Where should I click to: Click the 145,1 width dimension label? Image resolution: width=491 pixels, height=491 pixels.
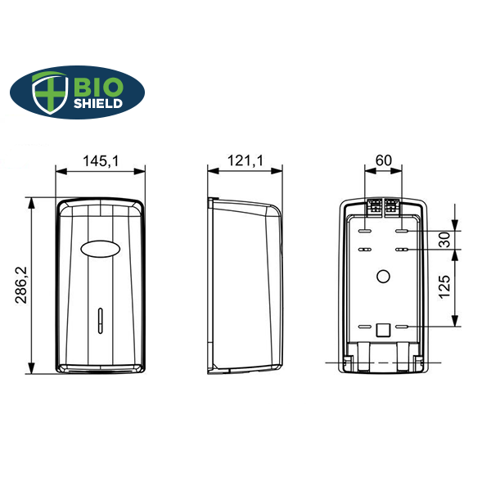click(x=101, y=161)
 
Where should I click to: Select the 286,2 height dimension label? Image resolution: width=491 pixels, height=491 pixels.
click(x=21, y=285)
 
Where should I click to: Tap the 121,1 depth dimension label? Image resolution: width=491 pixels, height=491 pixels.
click(x=245, y=160)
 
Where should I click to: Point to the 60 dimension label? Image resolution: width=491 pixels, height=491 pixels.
click(x=384, y=160)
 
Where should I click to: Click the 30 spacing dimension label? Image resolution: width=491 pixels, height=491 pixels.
click(x=444, y=240)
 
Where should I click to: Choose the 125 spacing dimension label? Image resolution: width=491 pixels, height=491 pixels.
click(x=444, y=287)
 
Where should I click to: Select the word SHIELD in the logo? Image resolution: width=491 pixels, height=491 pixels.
click(x=98, y=104)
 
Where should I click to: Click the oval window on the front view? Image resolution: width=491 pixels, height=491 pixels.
click(x=101, y=249)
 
